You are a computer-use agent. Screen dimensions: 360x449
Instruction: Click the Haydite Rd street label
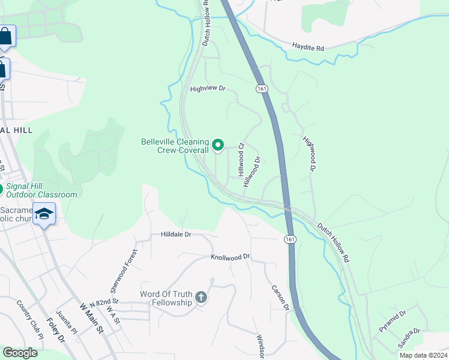(x=308, y=46)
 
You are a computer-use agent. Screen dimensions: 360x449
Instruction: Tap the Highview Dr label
(x=207, y=89)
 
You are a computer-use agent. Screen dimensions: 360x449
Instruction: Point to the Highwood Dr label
(x=309, y=154)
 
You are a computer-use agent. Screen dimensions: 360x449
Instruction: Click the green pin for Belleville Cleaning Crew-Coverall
(x=218, y=145)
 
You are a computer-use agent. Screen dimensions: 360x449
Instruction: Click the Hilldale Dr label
(x=175, y=235)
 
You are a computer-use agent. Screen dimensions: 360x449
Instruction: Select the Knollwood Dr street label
(x=230, y=257)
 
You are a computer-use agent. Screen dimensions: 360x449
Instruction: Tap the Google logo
(x=20, y=353)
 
